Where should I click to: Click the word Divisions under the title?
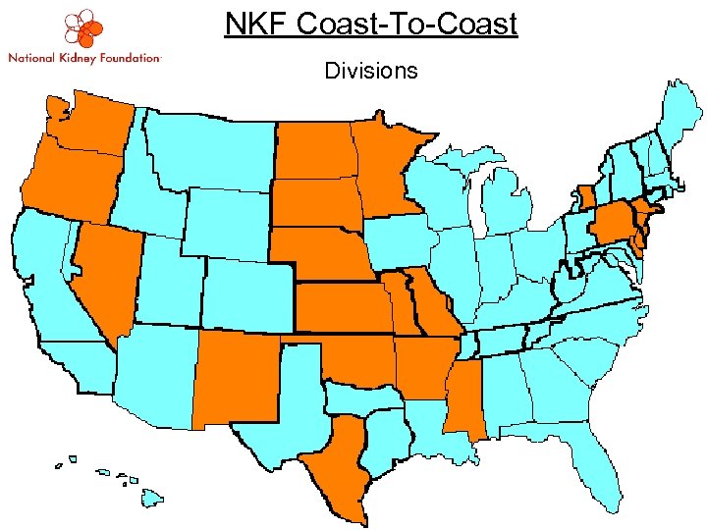(370, 71)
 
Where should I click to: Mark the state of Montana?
(211, 147)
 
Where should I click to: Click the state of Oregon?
(69, 182)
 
